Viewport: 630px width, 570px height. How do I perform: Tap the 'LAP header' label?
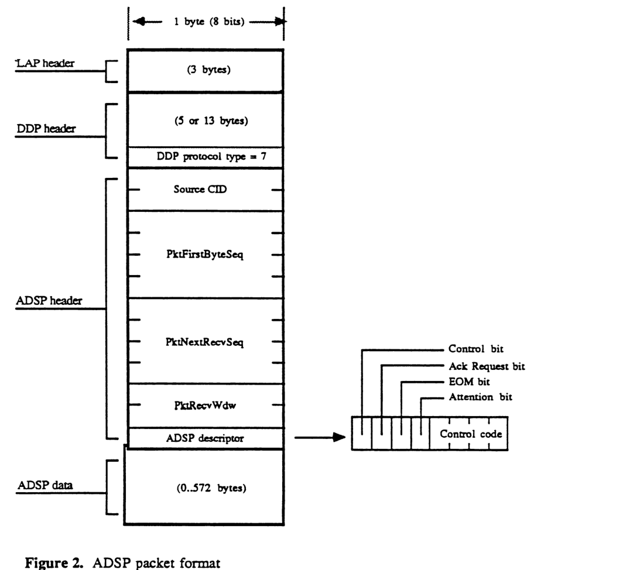coord(44,64)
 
